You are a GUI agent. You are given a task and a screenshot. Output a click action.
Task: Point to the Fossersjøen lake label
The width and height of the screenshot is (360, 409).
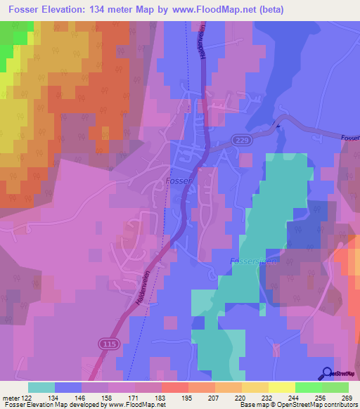250,261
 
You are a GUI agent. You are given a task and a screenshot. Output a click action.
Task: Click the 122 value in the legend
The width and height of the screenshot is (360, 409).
29,398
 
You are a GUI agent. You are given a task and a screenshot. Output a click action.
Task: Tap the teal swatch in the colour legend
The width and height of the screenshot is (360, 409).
41,387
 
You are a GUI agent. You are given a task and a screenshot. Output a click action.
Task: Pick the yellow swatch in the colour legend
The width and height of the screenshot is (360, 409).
282,387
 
